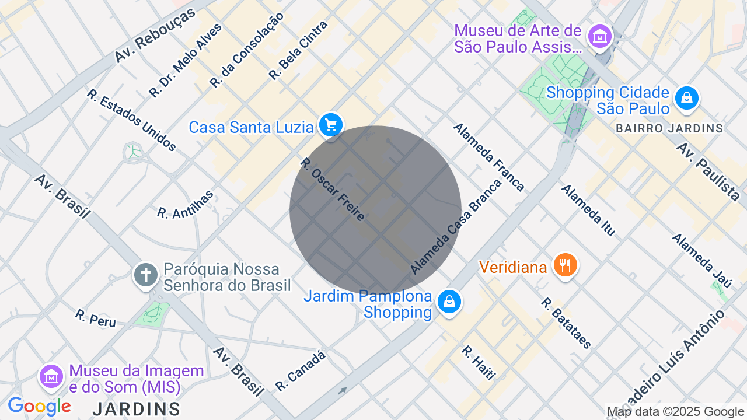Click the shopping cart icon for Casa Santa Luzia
(x=331, y=125)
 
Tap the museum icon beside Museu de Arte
(x=599, y=37)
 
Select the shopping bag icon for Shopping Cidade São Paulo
(x=687, y=98)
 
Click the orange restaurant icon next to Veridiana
(x=564, y=265)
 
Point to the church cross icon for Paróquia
(x=146, y=274)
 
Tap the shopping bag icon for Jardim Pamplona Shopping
(x=449, y=302)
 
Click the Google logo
(x=39, y=406)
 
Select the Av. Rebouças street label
(x=155, y=36)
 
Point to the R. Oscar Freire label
(x=333, y=190)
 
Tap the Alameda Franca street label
(x=488, y=157)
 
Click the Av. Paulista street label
(x=707, y=171)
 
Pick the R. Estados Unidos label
(x=132, y=120)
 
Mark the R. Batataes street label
(x=566, y=323)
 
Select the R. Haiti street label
(x=478, y=363)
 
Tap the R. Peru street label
(x=95, y=318)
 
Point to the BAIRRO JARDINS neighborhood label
(x=669, y=128)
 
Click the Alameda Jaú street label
(x=701, y=261)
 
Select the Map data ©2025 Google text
(x=676, y=412)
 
